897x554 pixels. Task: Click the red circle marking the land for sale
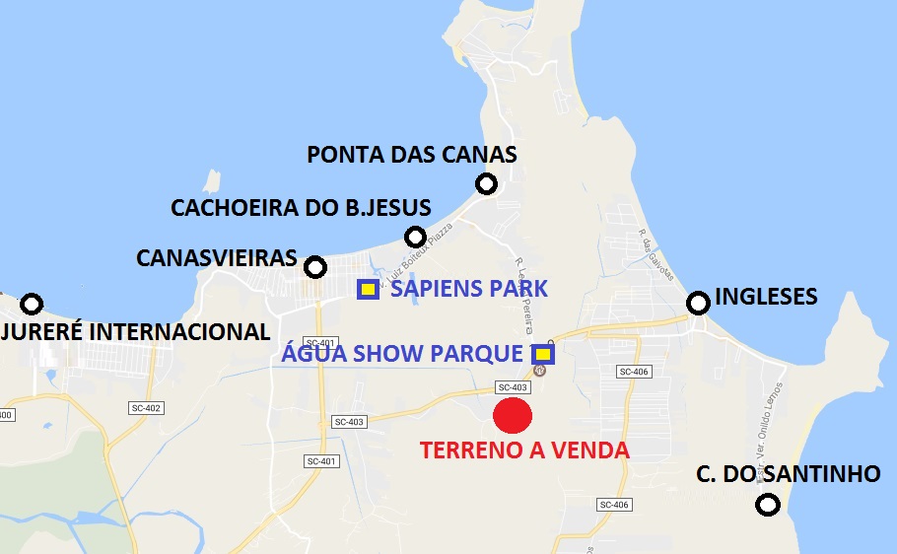[513, 415]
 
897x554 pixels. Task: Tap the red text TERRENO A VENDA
[523, 450]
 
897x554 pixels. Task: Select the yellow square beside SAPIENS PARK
[368, 289]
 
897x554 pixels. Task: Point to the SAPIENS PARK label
[468, 289]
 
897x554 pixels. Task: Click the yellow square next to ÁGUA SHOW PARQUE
[543, 354]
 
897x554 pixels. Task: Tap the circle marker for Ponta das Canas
[486, 183]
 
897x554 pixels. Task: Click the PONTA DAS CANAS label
[411, 155]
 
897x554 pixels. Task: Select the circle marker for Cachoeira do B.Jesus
[415, 237]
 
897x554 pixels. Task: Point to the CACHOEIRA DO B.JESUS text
[301, 208]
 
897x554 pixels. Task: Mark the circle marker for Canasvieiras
[315, 267]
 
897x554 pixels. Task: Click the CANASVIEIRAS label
[216, 258]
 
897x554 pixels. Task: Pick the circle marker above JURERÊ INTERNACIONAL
[33, 304]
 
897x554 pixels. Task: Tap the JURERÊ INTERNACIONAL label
[134, 332]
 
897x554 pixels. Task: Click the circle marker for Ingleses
[698, 303]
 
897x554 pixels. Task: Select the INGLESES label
[766, 296]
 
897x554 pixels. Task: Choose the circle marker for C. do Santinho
[768, 506]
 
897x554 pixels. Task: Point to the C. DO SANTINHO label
[788, 474]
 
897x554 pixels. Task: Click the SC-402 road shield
[146, 407]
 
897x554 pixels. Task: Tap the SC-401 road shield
[321, 460]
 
